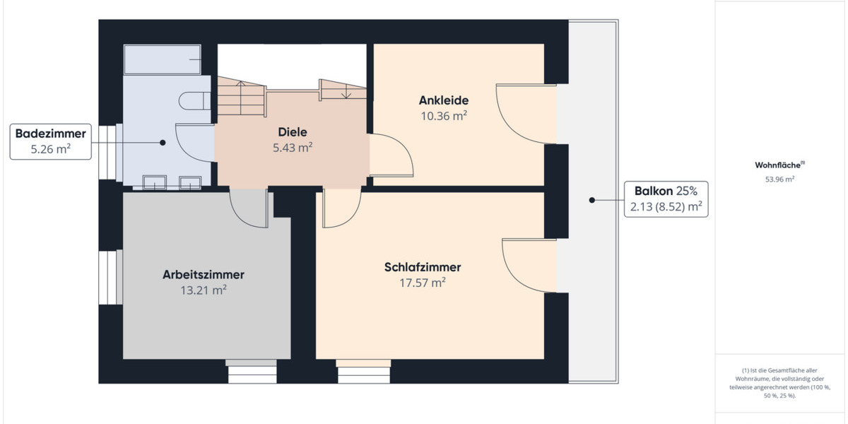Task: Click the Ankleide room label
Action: coord(443,100)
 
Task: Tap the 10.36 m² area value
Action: coord(443,116)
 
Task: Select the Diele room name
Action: coord(293,132)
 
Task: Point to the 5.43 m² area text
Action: coord(293,148)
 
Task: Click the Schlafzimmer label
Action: coord(423,267)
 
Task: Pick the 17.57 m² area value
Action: coord(423,283)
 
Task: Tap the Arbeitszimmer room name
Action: coord(204,274)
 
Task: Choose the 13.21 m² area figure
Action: coord(204,290)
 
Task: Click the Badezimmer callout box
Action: coord(51,141)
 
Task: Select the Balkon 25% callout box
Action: coord(666,199)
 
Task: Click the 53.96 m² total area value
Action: coord(779,179)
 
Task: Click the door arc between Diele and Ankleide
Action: coord(392,154)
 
